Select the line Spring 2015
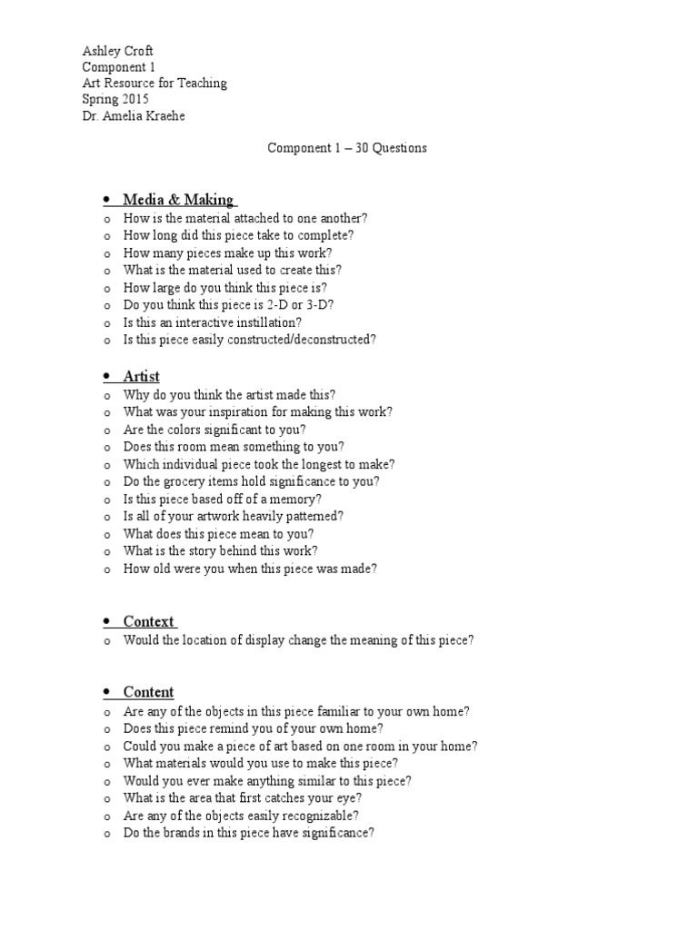(115, 99)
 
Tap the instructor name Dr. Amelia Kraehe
(134, 115)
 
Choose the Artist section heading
(142, 376)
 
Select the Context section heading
(149, 621)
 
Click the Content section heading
(149, 692)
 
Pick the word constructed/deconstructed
(297, 340)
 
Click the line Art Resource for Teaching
(155, 83)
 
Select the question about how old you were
(250, 569)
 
